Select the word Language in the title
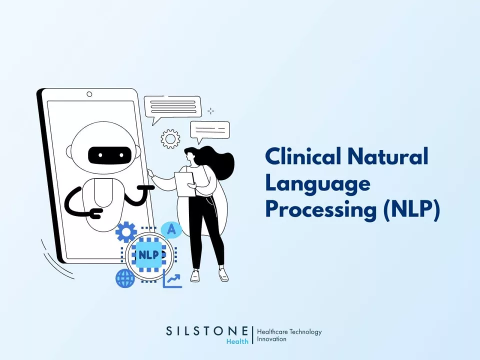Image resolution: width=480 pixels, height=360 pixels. [317, 184]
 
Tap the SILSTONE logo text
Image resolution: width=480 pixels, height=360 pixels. [206, 331]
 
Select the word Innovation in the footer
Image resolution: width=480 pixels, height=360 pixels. [271, 339]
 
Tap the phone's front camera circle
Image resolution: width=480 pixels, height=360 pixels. [89, 94]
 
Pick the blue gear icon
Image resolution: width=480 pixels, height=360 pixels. [126, 232]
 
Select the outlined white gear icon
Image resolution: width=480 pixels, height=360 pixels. [170, 138]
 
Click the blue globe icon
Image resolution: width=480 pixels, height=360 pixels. [125, 278]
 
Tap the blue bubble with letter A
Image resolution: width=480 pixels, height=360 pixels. [171, 229]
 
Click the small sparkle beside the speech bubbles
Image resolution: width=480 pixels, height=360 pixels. [211, 111]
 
